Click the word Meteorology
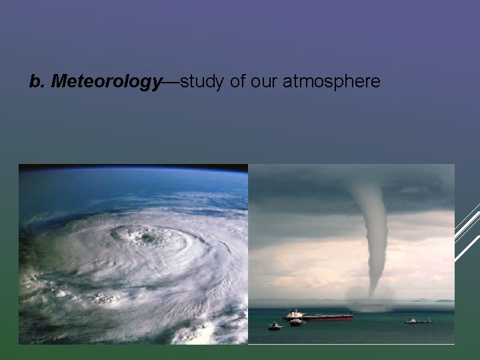pos(106,82)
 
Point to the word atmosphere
pos(331,82)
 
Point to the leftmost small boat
pos(275,327)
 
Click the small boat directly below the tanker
pos(297,323)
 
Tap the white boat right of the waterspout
pos(411,321)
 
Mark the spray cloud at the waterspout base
pos(371,303)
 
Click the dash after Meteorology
pos(171,82)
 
